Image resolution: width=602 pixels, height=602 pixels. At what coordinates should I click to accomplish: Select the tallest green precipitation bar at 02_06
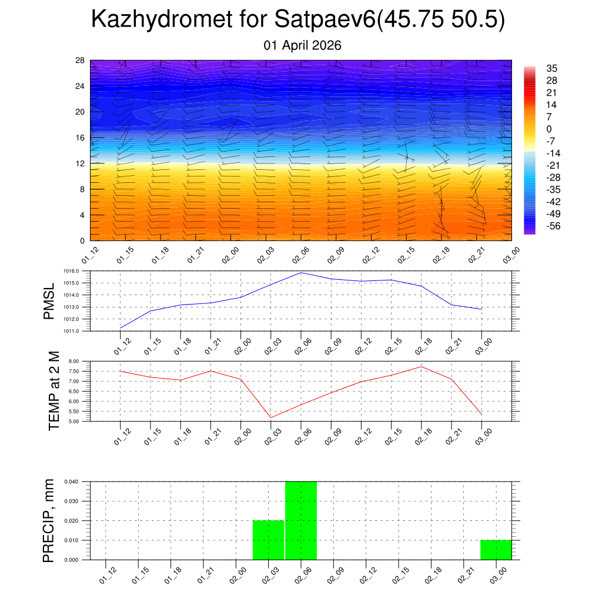301,520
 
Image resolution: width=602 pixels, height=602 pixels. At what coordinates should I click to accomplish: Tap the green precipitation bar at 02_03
269,540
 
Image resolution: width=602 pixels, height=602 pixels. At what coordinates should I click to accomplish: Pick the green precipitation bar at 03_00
496,549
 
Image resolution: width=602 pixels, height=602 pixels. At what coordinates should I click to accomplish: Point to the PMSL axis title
49,301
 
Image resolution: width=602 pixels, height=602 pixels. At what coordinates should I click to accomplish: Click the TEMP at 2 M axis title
54,390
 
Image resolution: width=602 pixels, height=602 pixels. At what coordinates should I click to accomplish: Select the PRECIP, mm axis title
49,520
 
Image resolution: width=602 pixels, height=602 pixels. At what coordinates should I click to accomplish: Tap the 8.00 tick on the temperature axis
79,361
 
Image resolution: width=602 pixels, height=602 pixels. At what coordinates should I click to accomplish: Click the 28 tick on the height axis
80,61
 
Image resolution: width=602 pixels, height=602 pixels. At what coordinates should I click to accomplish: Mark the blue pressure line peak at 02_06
301,273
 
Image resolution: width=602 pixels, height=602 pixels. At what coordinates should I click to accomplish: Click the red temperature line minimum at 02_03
271,417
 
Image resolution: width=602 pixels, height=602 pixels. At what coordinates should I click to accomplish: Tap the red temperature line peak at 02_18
422,367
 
